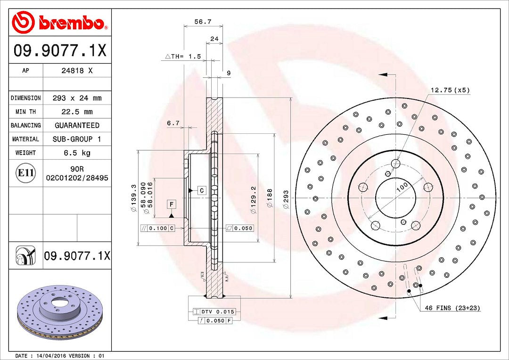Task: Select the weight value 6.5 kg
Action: [77, 153]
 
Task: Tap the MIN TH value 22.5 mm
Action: [77, 112]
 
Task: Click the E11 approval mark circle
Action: [25, 172]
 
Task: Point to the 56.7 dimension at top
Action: [203, 22]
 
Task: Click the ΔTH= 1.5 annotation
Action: [183, 57]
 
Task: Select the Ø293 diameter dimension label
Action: [286, 199]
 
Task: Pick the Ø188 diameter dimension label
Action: [270, 198]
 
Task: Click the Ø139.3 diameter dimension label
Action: [133, 199]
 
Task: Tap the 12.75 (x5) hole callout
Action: [450, 90]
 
